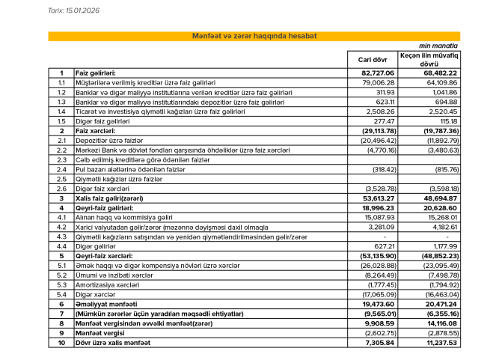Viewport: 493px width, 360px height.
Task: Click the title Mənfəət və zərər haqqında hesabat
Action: tap(254, 36)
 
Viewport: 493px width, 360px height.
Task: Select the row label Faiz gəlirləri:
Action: tap(95, 73)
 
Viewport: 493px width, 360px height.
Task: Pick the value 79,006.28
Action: tap(379, 82)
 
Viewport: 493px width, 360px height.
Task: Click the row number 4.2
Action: tap(62, 227)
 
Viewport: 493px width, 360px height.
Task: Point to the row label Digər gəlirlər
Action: tap(97, 246)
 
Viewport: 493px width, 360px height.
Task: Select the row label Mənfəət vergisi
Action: tap(99, 334)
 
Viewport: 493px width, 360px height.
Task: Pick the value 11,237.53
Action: tap(440, 344)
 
